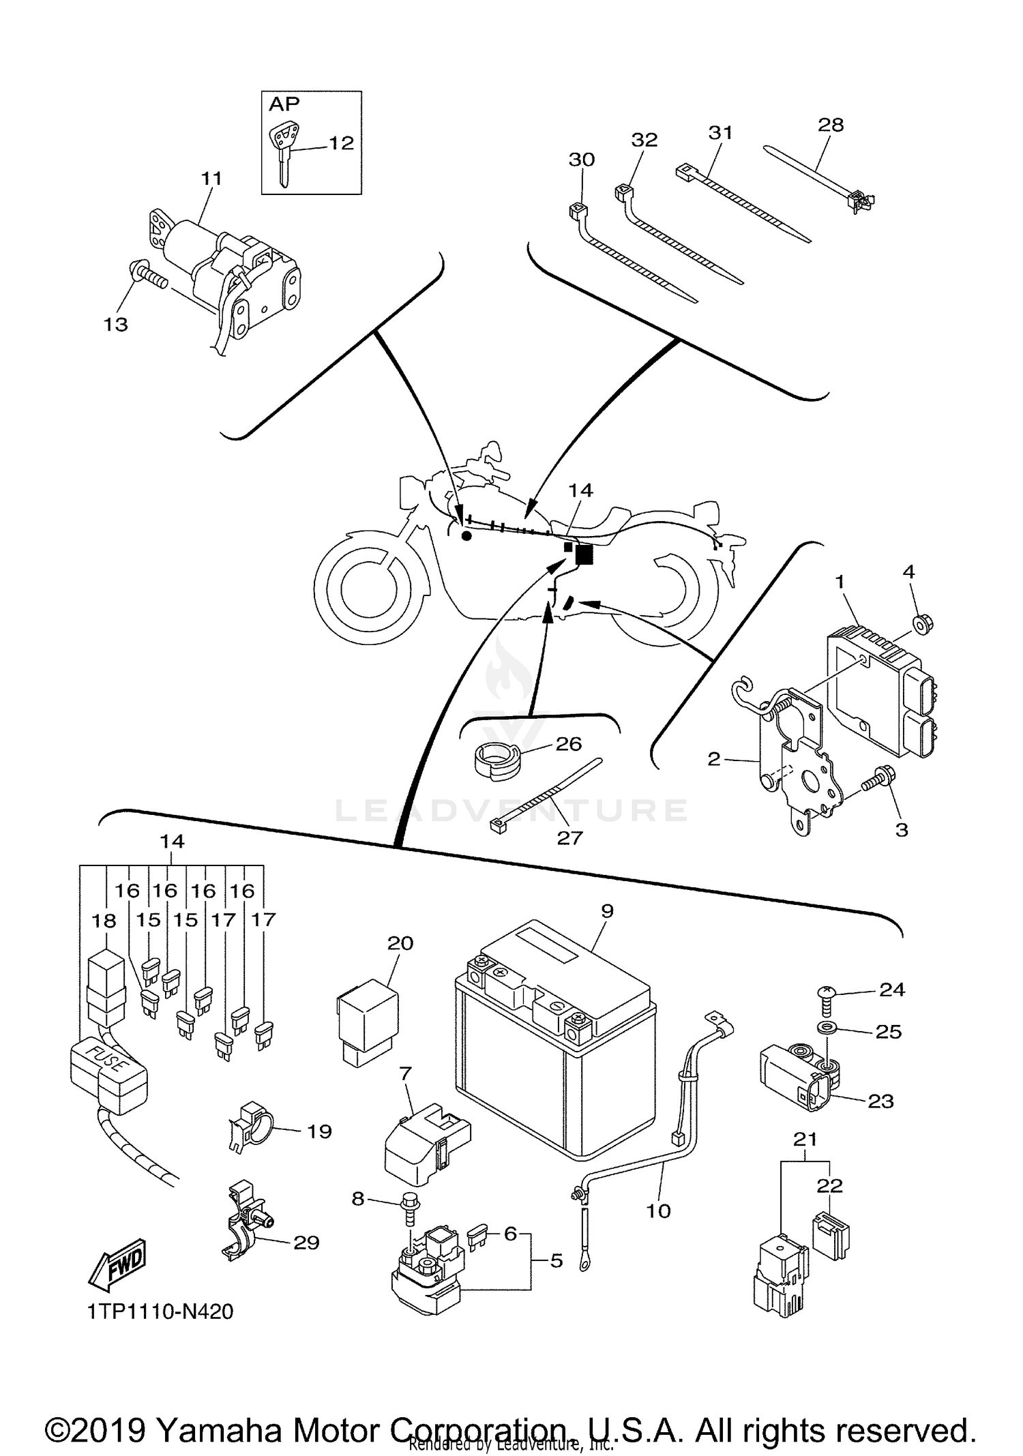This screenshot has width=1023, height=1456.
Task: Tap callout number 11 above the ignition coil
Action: pos(211,179)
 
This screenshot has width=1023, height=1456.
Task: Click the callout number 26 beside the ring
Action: pos(569,743)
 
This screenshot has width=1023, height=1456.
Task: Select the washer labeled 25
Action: pos(826,1028)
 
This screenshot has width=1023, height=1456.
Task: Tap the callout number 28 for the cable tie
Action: pos(830,125)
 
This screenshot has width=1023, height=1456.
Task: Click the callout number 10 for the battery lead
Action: pos(658,1210)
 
